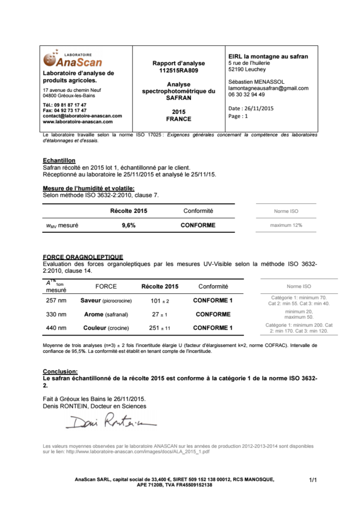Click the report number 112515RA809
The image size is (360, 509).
coord(178,70)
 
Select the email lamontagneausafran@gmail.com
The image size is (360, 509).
coord(268,88)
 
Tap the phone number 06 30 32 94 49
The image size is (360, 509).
coord(246,95)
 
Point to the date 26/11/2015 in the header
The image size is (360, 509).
coord(259,108)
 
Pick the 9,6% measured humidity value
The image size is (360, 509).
coord(128,225)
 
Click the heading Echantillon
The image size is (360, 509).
coord(59,160)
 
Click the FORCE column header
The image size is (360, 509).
coord(106,286)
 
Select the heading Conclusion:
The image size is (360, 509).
coord(60,371)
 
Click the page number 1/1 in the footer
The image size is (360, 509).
coord(312,480)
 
